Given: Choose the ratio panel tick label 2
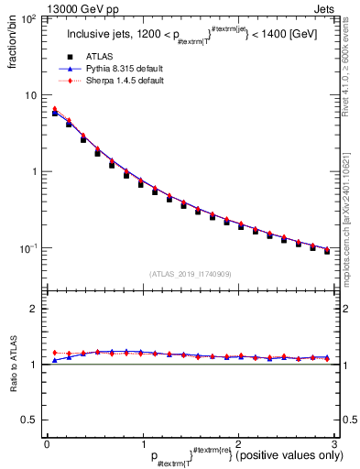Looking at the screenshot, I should click(x=33, y=310).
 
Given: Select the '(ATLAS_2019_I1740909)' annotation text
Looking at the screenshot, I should click(x=189, y=274).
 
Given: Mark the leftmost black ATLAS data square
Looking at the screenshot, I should click(x=55, y=113).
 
